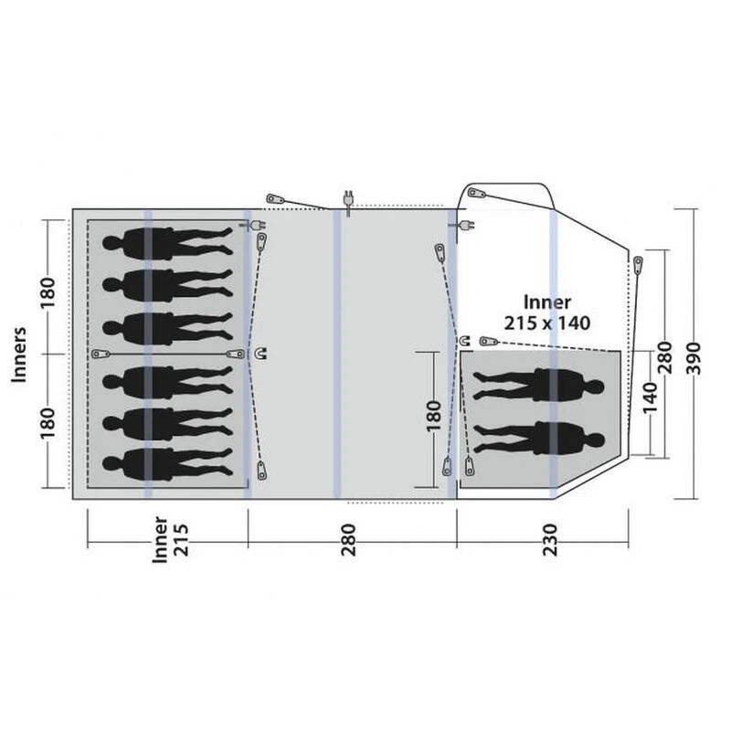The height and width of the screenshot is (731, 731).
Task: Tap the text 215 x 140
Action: pos(547,322)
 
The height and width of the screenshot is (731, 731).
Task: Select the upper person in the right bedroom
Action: pos(539,386)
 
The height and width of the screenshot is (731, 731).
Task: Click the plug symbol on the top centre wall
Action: pos(347,196)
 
